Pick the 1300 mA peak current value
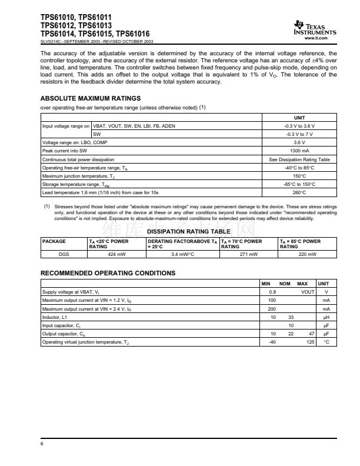[x=299, y=151]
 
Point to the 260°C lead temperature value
[x=299, y=192]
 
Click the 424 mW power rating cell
[x=116, y=254]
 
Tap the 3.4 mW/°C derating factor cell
[x=182, y=254]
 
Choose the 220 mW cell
[x=308, y=254]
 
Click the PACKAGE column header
[x=54, y=241]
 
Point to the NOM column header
[x=285, y=284]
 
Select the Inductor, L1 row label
[x=55, y=317]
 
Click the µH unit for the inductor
[x=326, y=317]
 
